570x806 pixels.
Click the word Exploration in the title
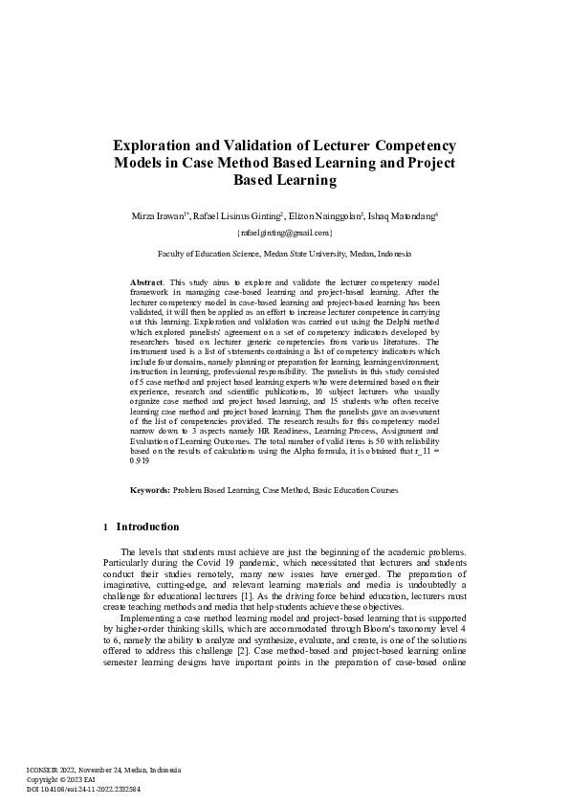pos(159,146)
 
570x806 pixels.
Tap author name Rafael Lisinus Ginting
pos(235,217)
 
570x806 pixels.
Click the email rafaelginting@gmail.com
pos(284,233)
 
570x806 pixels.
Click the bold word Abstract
pos(146,283)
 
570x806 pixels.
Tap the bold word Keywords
pos(150,489)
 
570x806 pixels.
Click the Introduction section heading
pos(147,526)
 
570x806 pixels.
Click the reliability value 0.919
pos(142,460)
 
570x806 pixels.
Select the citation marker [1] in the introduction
pos(218,596)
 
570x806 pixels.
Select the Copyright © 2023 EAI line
pos(66,778)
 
